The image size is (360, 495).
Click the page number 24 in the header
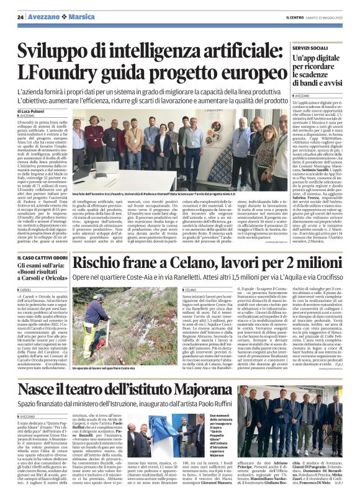20,16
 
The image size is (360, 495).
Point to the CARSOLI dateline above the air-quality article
29,289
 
